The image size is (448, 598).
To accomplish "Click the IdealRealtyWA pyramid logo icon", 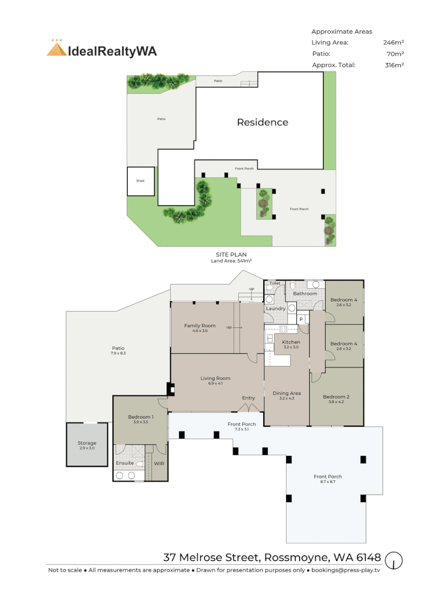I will [56, 49].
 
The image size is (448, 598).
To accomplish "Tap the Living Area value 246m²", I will [393, 43].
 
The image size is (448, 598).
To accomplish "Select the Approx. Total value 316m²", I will [393, 65].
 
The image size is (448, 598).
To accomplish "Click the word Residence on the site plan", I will [263, 122].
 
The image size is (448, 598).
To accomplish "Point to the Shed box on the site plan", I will [140, 181].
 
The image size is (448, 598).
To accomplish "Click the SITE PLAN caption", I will [231, 255].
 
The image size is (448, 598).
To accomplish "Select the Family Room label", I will [200, 326].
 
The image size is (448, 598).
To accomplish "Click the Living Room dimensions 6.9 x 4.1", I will [215, 384].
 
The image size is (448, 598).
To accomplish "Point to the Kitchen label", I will [291, 342].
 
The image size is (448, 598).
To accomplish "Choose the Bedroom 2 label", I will [336, 397].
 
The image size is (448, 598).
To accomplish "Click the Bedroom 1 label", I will [140, 416].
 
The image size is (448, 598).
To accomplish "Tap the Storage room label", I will [87, 443].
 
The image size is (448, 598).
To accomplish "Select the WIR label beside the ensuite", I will [159, 463].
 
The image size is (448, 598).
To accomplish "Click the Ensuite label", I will [124, 463].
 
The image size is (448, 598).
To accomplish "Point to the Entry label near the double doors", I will [248, 398].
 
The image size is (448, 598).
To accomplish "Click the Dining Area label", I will [286, 393].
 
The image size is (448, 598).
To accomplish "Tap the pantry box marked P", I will [301, 319].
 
